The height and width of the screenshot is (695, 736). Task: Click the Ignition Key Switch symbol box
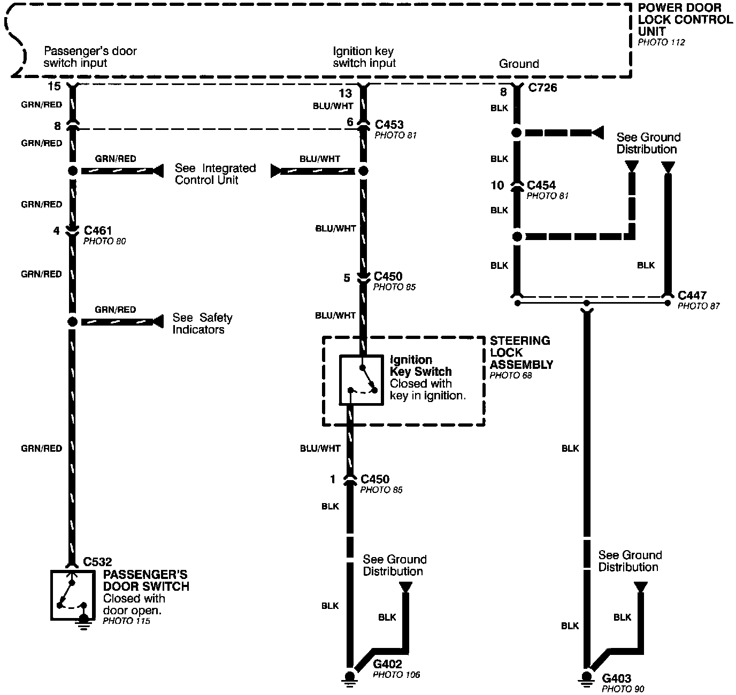pos(362,380)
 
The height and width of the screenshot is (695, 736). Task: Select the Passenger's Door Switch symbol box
pos(73,594)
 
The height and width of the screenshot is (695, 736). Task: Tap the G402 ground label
pos(387,665)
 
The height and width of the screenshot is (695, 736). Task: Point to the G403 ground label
pos(616,678)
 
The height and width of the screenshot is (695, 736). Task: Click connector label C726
pos(542,88)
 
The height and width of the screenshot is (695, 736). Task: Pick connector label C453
pos(389,125)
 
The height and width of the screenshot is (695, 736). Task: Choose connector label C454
pos(541,185)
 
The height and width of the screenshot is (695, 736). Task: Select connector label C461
pos(98,231)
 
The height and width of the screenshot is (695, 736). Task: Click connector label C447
pos(692,295)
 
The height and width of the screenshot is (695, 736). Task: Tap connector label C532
pos(98,562)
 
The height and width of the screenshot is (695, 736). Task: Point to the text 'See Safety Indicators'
pos(202,323)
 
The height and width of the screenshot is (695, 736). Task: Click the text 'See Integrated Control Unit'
pos(215,174)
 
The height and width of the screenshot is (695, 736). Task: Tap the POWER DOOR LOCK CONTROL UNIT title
pos(685,20)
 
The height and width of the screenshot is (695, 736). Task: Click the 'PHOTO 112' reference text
pos(661,42)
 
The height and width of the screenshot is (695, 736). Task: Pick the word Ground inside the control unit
pos(518,64)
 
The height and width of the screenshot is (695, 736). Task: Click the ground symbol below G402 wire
pos(350,677)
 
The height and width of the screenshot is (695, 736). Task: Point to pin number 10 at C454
pos(497,186)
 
